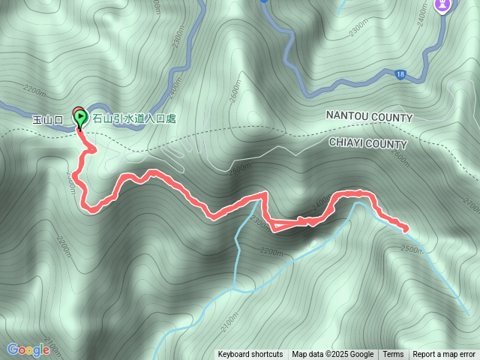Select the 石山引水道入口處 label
pos(133,118)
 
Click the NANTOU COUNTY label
pos(369,118)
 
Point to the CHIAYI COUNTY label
pos(367,144)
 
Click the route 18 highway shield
pos(401,73)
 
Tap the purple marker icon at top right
pos(443,5)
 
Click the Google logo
pos(28,349)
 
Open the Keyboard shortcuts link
pos(250,355)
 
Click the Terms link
pos(393,355)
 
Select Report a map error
pos(444,355)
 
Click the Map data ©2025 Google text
pos(332,355)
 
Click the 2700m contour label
pos(471,204)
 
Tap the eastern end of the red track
pos(406,228)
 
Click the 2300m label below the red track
pos(260,222)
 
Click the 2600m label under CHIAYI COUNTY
pos(400,160)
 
